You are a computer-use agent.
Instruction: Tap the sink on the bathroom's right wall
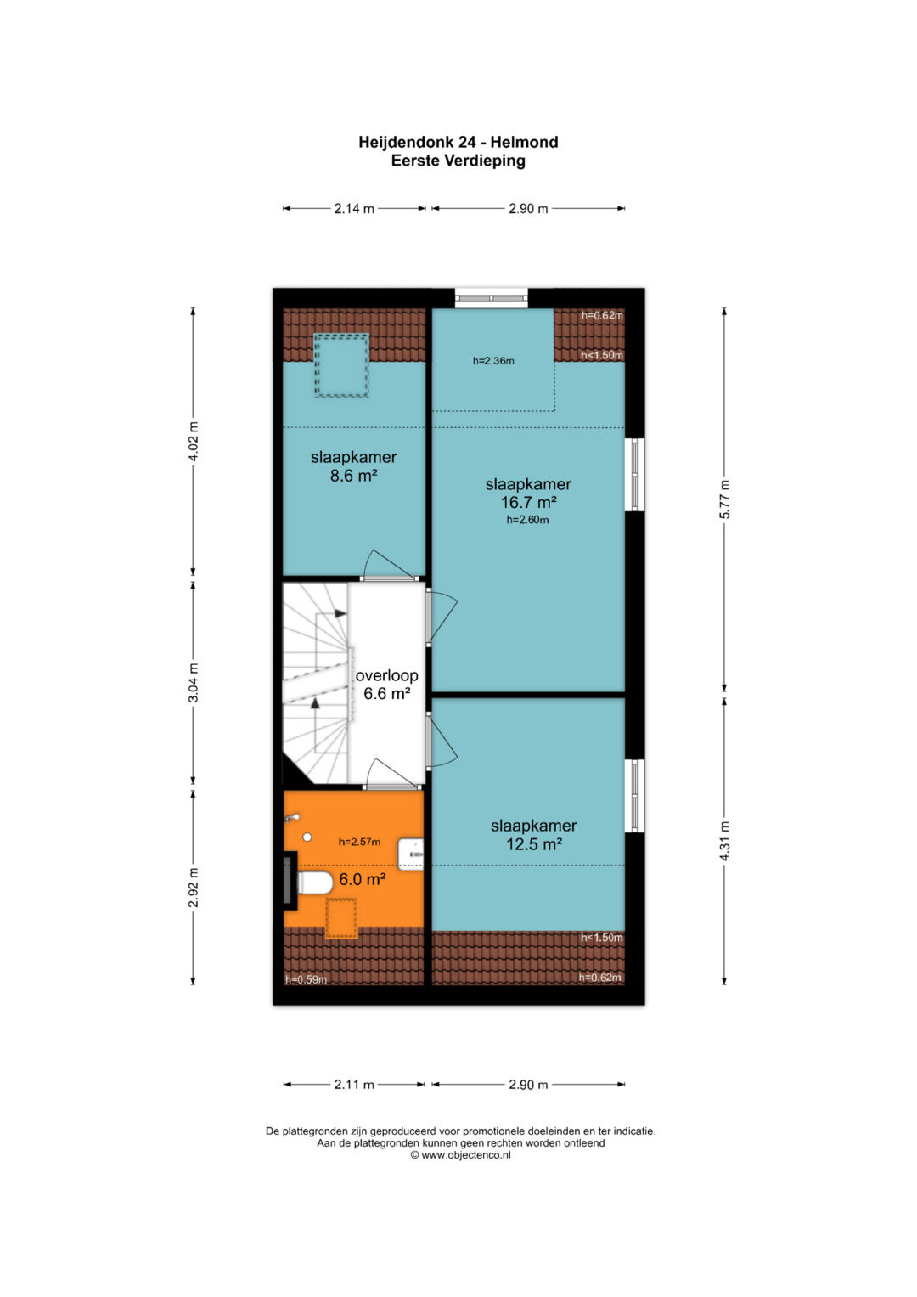(x=410, y=854)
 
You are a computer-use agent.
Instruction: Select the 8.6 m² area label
(x=354, y=476)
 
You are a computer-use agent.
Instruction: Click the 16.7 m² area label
(x=528, y=502)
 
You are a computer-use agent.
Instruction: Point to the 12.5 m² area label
(x=534, y=844)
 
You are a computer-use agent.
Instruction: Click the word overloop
(x=386, y=676)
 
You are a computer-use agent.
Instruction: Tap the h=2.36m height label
(x=493, y=361)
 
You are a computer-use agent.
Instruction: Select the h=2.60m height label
(x=527, y=520)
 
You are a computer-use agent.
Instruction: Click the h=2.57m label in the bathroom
(x=359, y=842)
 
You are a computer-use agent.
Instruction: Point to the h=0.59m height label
(x=307, y=979)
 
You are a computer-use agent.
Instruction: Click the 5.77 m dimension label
(x=724, y=499)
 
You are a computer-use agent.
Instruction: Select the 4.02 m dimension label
(x=194, y=441)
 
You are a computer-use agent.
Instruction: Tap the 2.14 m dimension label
(x=354, y=208)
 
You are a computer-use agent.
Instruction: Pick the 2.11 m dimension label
(x=354, y=1085)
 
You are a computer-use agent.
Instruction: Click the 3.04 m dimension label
(x=194, y=683)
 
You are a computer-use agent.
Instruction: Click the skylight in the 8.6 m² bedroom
(x=341, y=365)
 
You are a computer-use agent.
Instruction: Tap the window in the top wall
(x=491, y=297)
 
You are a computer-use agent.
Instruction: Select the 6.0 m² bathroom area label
(x=363, y=879)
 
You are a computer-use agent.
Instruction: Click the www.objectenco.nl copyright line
(x=460, y=1155)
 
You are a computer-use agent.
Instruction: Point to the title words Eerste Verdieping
(x=458, y=161)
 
